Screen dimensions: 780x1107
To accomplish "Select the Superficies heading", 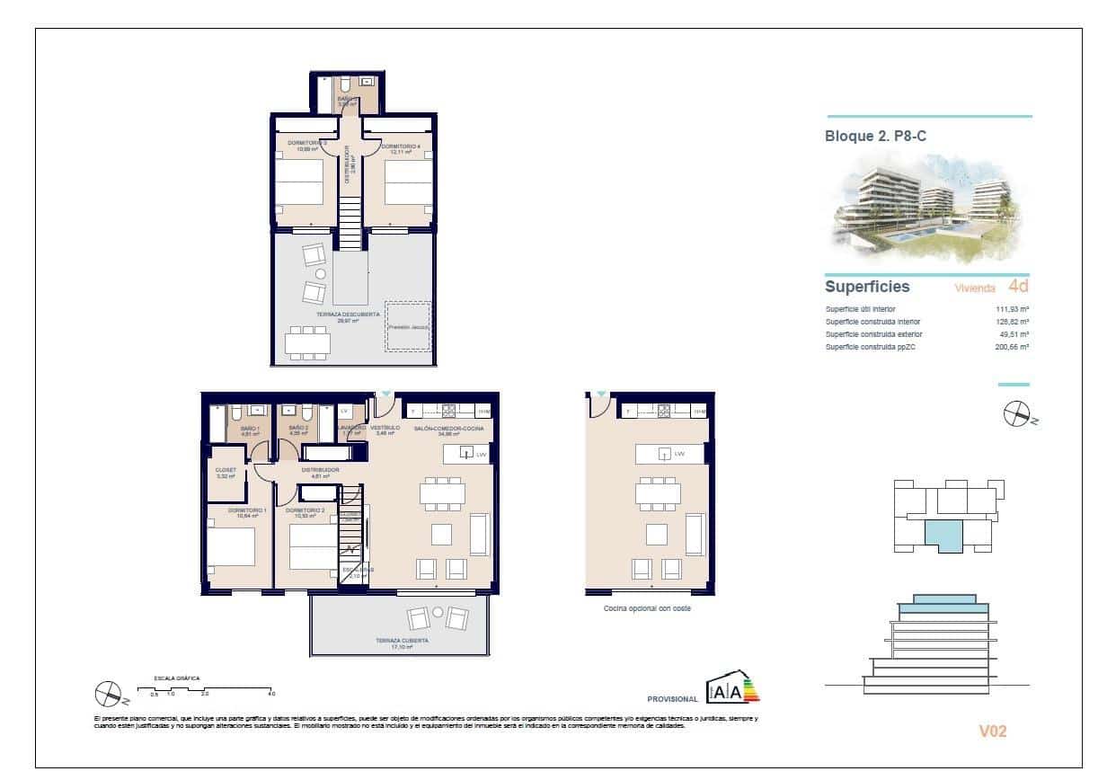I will pos(867,288).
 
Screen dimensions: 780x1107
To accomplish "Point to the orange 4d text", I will pos(1018,288).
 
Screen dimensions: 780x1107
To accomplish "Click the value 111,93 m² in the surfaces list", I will pos(1012,309).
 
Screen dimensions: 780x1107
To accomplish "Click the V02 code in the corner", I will pos(992,731).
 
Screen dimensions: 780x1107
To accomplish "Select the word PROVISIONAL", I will pos(672,699).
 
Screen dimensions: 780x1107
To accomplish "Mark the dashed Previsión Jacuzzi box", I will pos(408,327).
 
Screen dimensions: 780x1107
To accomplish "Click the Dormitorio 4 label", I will pos(401,146).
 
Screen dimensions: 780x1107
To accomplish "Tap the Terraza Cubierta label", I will pos(402,642).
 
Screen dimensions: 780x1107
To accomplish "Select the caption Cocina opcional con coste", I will pos(647,608).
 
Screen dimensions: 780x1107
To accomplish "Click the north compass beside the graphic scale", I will pos(108,693).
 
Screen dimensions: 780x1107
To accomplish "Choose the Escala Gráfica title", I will pos(176,678).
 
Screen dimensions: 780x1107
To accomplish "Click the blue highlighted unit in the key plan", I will pos(943,536).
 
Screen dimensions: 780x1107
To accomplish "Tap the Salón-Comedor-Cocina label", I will pos(448,430).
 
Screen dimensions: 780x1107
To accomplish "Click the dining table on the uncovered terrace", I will pos(307,341).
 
